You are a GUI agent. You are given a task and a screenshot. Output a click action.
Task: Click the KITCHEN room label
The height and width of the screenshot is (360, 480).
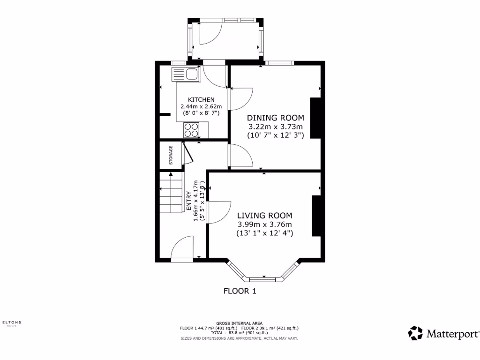coord(201,100)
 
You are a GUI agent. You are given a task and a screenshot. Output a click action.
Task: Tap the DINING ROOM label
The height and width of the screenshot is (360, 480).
coord(276,118)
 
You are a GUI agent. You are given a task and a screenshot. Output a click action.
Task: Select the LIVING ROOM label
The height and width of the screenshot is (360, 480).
coord(264,216)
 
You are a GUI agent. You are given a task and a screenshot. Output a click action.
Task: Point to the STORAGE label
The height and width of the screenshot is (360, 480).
coord(171,155)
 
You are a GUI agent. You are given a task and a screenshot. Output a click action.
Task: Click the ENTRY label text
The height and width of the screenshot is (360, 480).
coord(189,200)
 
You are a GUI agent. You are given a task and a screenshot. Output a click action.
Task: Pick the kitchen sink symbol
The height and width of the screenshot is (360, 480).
coord(186,75)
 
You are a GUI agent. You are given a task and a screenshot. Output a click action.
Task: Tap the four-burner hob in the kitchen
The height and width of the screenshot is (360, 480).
coord(191,129)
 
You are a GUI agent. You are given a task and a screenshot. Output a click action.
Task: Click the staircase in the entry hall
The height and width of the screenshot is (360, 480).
coord(171,193)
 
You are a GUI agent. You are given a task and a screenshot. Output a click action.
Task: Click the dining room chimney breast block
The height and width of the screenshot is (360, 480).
coord(315,118)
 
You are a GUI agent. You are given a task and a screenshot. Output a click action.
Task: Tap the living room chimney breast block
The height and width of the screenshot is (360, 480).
coord(317,216)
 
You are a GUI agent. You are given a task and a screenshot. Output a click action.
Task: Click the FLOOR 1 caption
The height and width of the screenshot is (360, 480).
coord(240,291)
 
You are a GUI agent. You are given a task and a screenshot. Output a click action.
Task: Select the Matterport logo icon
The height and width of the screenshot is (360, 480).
coord(415,333)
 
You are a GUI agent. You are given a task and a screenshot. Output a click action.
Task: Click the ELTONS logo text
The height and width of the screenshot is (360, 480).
coord(12,322)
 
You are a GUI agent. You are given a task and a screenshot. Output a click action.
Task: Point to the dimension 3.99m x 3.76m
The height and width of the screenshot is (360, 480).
coord(264,225)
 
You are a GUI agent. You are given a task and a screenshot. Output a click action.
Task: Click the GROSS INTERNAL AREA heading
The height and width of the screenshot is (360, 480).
coord(240,323)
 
